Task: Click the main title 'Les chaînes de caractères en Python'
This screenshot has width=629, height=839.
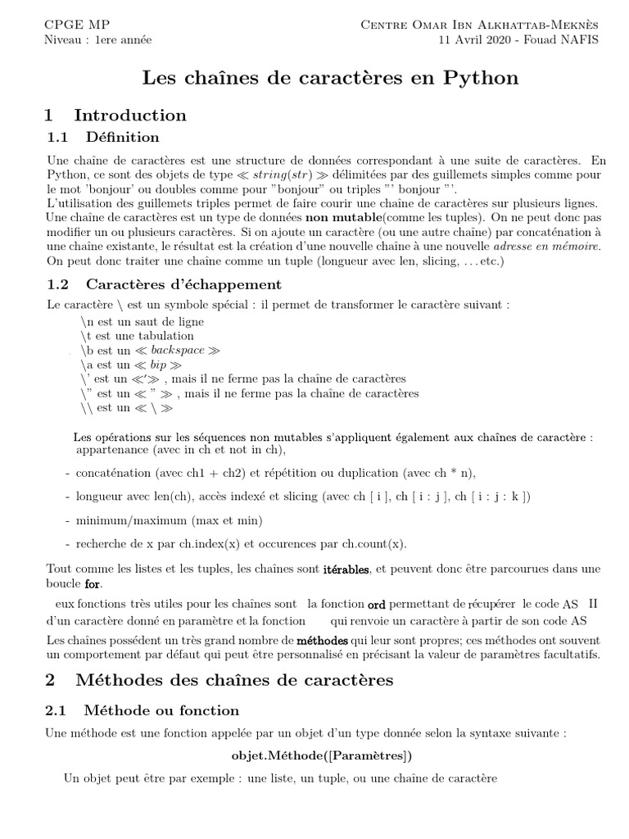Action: click(x=330, y=78)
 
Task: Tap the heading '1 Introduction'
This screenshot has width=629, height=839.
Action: click(x=115, y=115)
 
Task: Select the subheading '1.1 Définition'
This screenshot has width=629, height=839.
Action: click(x=102, y=137)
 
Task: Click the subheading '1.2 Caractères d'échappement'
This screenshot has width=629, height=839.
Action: click(x=164, y=284)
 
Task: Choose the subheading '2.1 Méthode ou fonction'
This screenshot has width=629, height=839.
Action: click(x=143, y=710)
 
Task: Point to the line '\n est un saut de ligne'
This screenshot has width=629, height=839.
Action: click(x=143, y=321)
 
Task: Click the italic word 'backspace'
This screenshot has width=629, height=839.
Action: click(x=176, y=350)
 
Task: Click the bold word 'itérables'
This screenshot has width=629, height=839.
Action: click(x=347, y=569)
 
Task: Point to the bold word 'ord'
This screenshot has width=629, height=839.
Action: click(x=376, y=604)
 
